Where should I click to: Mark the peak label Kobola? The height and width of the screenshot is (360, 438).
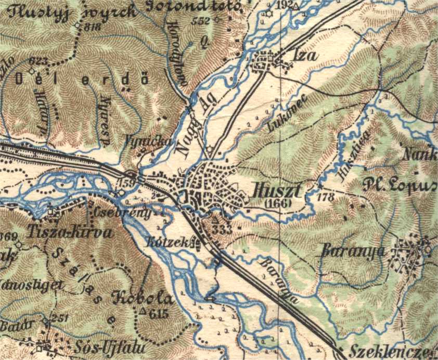(x=142, y=299)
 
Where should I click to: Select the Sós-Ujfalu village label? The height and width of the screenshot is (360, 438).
(x=119, y=346)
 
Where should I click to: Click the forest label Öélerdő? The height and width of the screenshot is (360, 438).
(x=82, y=79)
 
